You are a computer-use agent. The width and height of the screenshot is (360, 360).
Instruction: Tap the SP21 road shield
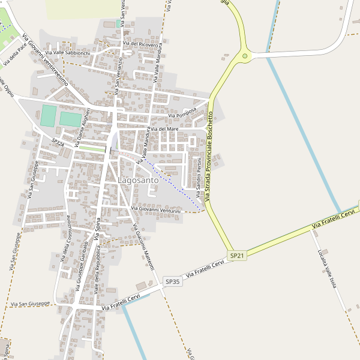pyautogui.click(x=238, y=256)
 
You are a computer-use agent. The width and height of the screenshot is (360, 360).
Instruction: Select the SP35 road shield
pyautogui.click(x=172, y=281)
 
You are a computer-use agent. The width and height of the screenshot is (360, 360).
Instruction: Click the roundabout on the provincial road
pyautogui.click(x=245, y=56)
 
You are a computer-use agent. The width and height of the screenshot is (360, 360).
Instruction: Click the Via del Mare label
pyautogui.click(x=164, y=129)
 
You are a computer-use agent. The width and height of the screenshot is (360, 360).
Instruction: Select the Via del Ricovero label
pyautogui.click(x=140, y=44)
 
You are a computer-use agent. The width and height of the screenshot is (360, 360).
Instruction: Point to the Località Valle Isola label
pyautogui.click(x=329, y=274)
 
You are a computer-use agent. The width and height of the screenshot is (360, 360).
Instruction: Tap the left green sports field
pyautogui.click(x=48, y=116)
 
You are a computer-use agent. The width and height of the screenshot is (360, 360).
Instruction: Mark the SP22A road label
pyautogui.click(x=58, y=143)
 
